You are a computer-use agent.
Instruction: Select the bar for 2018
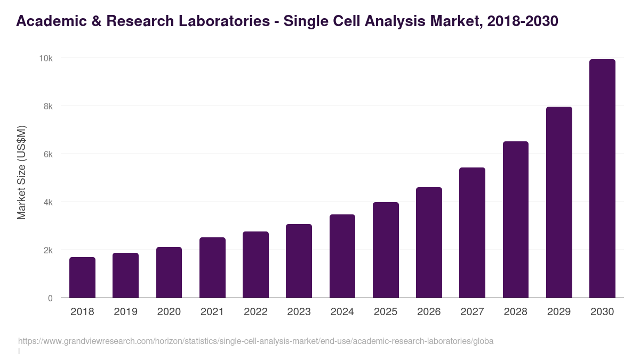[x=82, y=277]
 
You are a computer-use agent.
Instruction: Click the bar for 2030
[x=602, y=179]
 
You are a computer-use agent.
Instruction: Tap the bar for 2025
[x=386, y=250]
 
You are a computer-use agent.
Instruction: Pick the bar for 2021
[x=212, y=267]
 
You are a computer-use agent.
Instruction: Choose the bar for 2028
[x=516, y=219]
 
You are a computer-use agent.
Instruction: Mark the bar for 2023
[x=299, y=261]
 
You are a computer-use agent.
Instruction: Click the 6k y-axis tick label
[x=48, y=154]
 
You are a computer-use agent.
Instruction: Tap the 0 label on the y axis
[x=50, y=298]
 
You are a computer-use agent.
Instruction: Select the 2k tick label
[x=48, y=250]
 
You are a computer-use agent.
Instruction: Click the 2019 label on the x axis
[x=125, y=312]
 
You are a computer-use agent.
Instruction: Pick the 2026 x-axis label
[x=429, y=312]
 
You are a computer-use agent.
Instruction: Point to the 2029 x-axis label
[x=559, y=312]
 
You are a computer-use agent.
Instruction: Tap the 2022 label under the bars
[x=255, y=312]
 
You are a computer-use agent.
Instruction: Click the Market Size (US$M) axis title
[x=21, y=173]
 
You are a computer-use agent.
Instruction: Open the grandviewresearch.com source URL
[x=255, y=341]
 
